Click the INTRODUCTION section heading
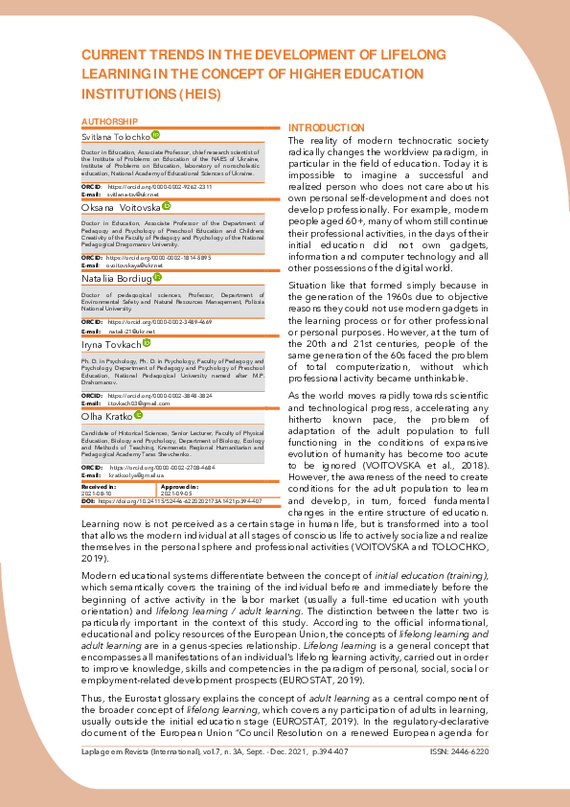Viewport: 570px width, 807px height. (327, 127)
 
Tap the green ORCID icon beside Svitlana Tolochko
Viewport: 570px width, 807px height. (156, 137)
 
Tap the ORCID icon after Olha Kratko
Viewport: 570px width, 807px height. (138, 415)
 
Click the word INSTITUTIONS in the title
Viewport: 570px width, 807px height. (129, 94)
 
